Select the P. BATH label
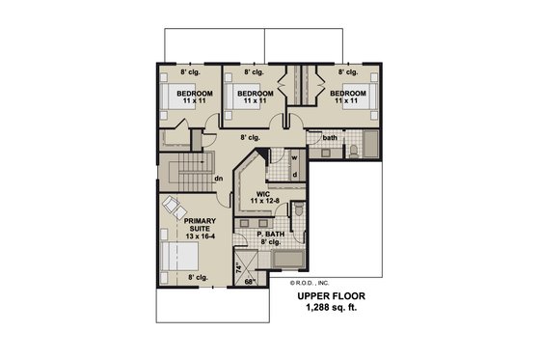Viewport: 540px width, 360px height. pos(272,235)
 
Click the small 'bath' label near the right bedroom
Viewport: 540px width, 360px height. pos(330,138)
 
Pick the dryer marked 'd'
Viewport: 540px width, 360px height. pos(296,174)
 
